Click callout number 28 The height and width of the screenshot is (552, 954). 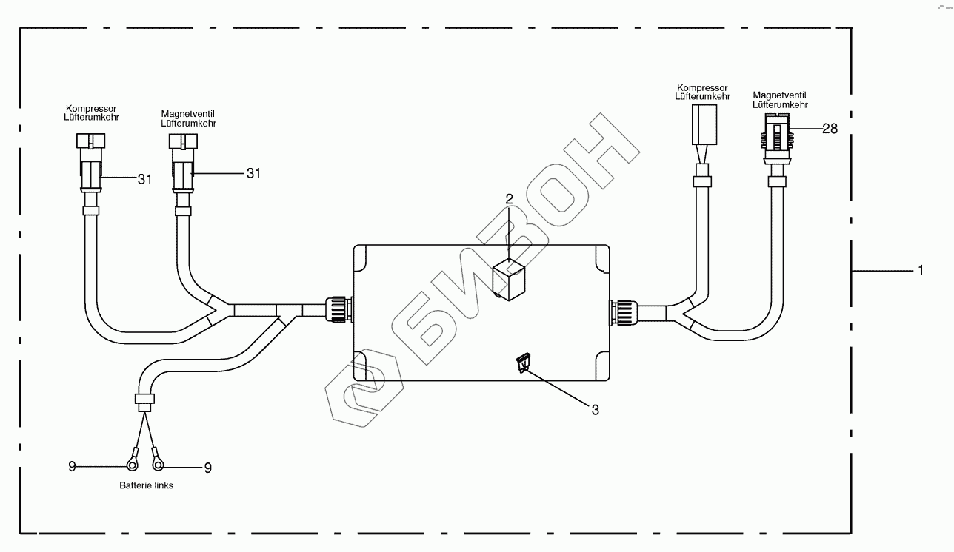[x=830, y=129]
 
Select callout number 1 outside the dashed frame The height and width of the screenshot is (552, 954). [x=921, y=270]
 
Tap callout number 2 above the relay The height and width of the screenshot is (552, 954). [x=509, y=199]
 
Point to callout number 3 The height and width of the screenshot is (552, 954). [x=595, y=410]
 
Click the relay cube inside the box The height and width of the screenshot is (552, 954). [x=509, y=280]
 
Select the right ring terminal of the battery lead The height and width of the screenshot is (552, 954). [x=157, y=461]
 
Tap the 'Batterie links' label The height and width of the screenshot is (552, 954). [x=146, y=485]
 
